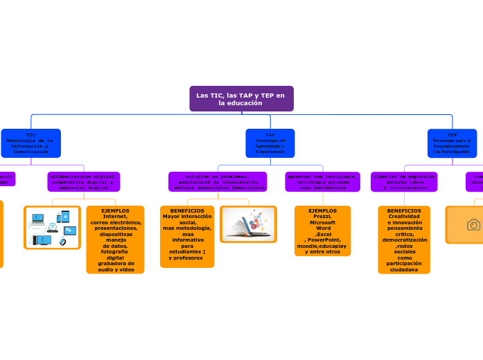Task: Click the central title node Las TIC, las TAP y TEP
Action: point(241,98)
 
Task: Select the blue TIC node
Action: point(30,143)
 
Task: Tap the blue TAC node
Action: point(270,143)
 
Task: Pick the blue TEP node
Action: point(452,143)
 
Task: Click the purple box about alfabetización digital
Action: point(84,182)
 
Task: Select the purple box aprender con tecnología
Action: point(322,182)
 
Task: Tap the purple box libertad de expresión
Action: point(404,182)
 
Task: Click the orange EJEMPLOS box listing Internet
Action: point(115,240)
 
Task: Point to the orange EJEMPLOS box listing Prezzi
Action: point(322,231)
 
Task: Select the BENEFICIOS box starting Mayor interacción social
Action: point(187,236)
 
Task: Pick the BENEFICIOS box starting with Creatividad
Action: point(404,240)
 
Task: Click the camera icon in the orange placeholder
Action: point(473,225)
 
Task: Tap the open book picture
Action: point(248,224)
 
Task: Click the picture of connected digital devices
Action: point(52,227)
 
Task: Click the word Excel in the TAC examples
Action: point(324,234)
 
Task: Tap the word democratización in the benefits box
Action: point(404,240)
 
